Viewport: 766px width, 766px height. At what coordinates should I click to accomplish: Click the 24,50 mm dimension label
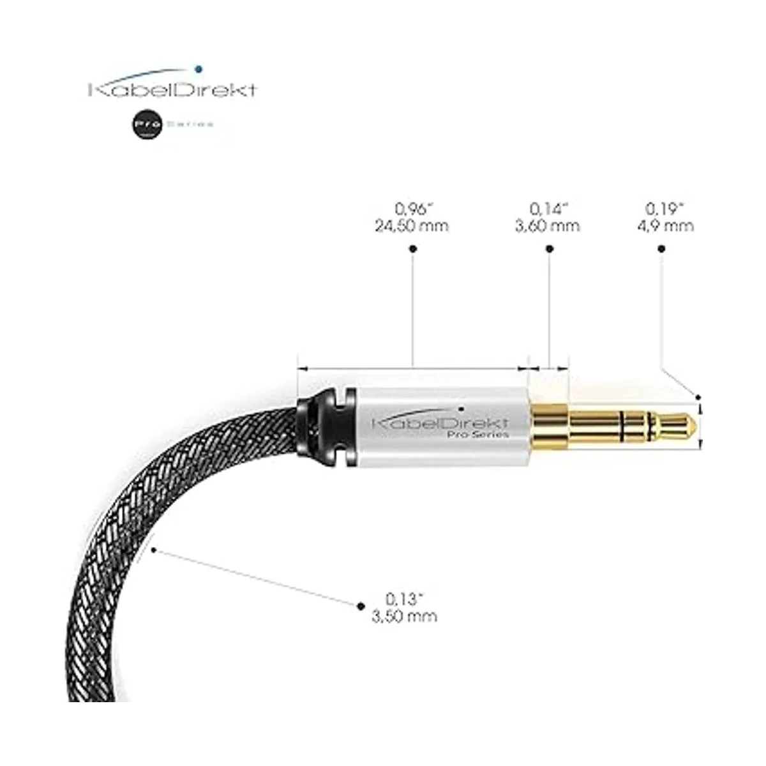[412, 226]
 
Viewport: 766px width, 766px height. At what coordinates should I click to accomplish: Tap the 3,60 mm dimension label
[547, 226]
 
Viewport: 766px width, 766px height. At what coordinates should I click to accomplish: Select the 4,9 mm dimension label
[669, 226]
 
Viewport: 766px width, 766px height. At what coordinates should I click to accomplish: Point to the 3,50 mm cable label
[404, 616]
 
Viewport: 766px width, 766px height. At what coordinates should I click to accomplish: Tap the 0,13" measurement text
[405, 599]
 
